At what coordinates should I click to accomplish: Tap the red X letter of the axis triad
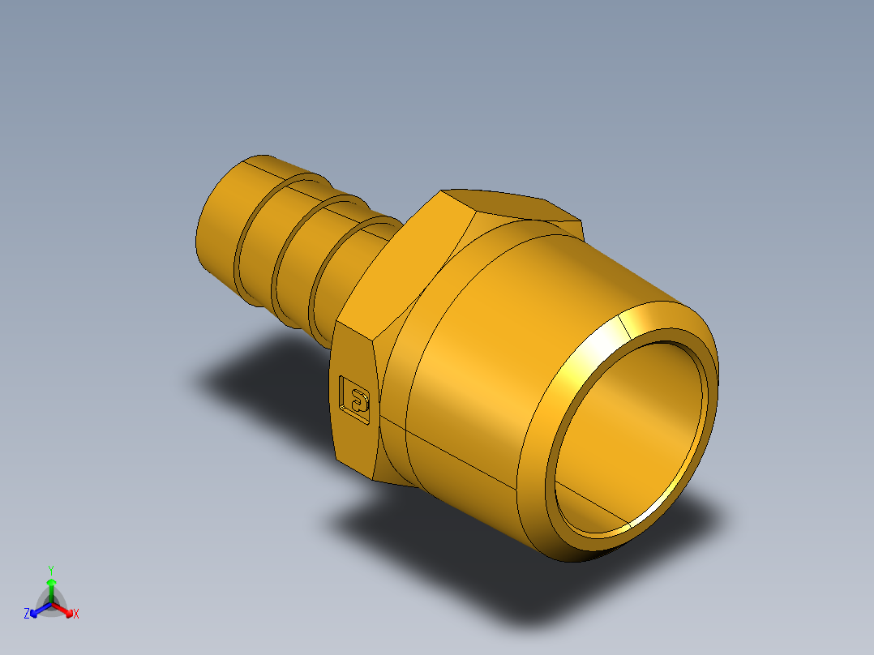(x=76, y=614)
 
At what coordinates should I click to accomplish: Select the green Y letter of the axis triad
(x=50, y=570)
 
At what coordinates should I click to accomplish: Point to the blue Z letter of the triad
(x=27, y=614)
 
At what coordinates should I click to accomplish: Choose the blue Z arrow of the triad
(x=37, y=610)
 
